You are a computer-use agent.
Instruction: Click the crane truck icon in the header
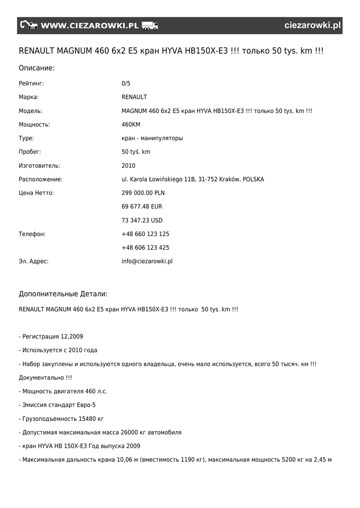(x=29, y=25)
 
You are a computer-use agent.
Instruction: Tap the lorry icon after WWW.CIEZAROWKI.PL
(x=149, y=26)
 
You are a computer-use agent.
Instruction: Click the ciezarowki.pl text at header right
(x=313, y=26)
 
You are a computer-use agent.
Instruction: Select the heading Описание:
(x=37, y=67)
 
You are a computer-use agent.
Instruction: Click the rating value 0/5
(x=126, y=83)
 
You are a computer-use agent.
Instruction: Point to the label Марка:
(x=29, y=97)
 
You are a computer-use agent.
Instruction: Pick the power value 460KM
(x=131, y=125)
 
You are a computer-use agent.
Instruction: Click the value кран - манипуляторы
(x=152, y=138)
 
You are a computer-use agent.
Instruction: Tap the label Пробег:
(x=30, y=152)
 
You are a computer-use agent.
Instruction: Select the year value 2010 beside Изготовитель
(x=128, y=166)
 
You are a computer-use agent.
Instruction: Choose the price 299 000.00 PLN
(x=143, y=193)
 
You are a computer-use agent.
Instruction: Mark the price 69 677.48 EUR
(x=142, y=206)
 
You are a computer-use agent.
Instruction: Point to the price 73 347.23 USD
(x=142, y=220)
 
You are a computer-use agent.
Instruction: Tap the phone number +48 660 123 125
(x=145, y=234)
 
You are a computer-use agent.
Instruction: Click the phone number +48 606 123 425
(x=145, y=248)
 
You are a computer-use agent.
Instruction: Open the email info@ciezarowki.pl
(x=147, y=261)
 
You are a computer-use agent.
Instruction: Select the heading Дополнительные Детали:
(x=63, y=294)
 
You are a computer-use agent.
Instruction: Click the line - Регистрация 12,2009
(x=51, y=336)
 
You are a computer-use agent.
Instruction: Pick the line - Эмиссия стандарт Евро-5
(x=57, y=405)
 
